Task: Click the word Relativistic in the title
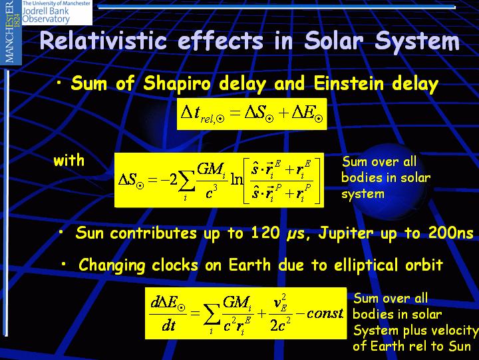pyautogui.click(x=103, y=41)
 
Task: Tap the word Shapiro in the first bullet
pyautogui.click(x=177, y=83)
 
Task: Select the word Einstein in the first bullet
pyautogui.click(x=349, y=83)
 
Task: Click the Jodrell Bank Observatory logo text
pyautogui.click(x=57, y=12)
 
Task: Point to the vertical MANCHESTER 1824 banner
pyautogui.click(x=11, y=32)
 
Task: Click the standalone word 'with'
pyautogui.click(x=69, y=161)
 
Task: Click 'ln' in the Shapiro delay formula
pyautogui.click(x=236, y=180)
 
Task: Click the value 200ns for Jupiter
pyautogui.click(x=451, y=233)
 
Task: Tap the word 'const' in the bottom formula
pyautogui.click(x=325, y=313)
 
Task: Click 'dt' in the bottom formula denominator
pyautogui.click(x=168, y=326)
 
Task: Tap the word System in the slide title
pyautogui.click(x=417, y=41)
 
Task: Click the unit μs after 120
pyautogui.click(x=295, y=235)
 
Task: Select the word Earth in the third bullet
pyautogui.click(x=249, y=265)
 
